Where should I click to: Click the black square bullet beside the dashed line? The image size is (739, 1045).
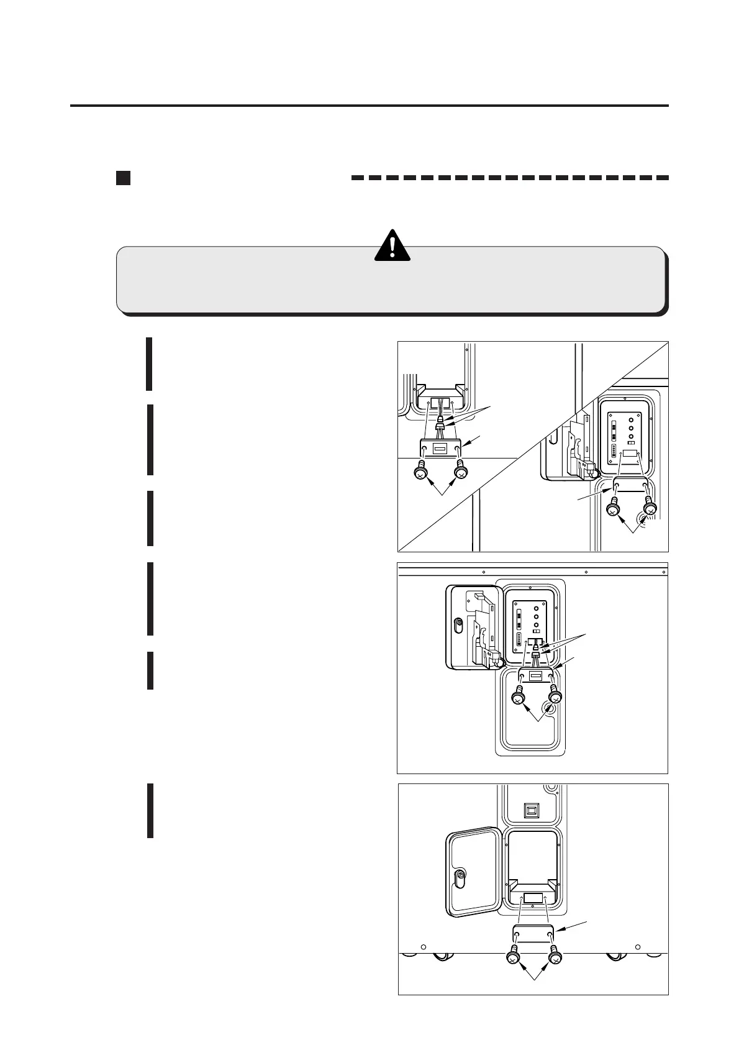[x=123, y=178]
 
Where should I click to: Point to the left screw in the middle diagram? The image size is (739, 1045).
[x=518, y=698]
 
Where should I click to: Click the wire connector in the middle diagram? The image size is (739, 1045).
[x=536, y=654]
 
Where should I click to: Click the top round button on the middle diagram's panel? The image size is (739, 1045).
[x=537, y=606]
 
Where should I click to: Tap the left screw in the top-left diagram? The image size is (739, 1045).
[x=420, y=474]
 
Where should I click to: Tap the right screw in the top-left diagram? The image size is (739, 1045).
[x=460, y=473]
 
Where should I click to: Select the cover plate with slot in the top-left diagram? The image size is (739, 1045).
[x=440, y=449]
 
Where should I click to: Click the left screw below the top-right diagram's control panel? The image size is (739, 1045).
[x=612, y=509]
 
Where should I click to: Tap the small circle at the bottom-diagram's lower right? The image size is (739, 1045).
[x=638, y=964]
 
